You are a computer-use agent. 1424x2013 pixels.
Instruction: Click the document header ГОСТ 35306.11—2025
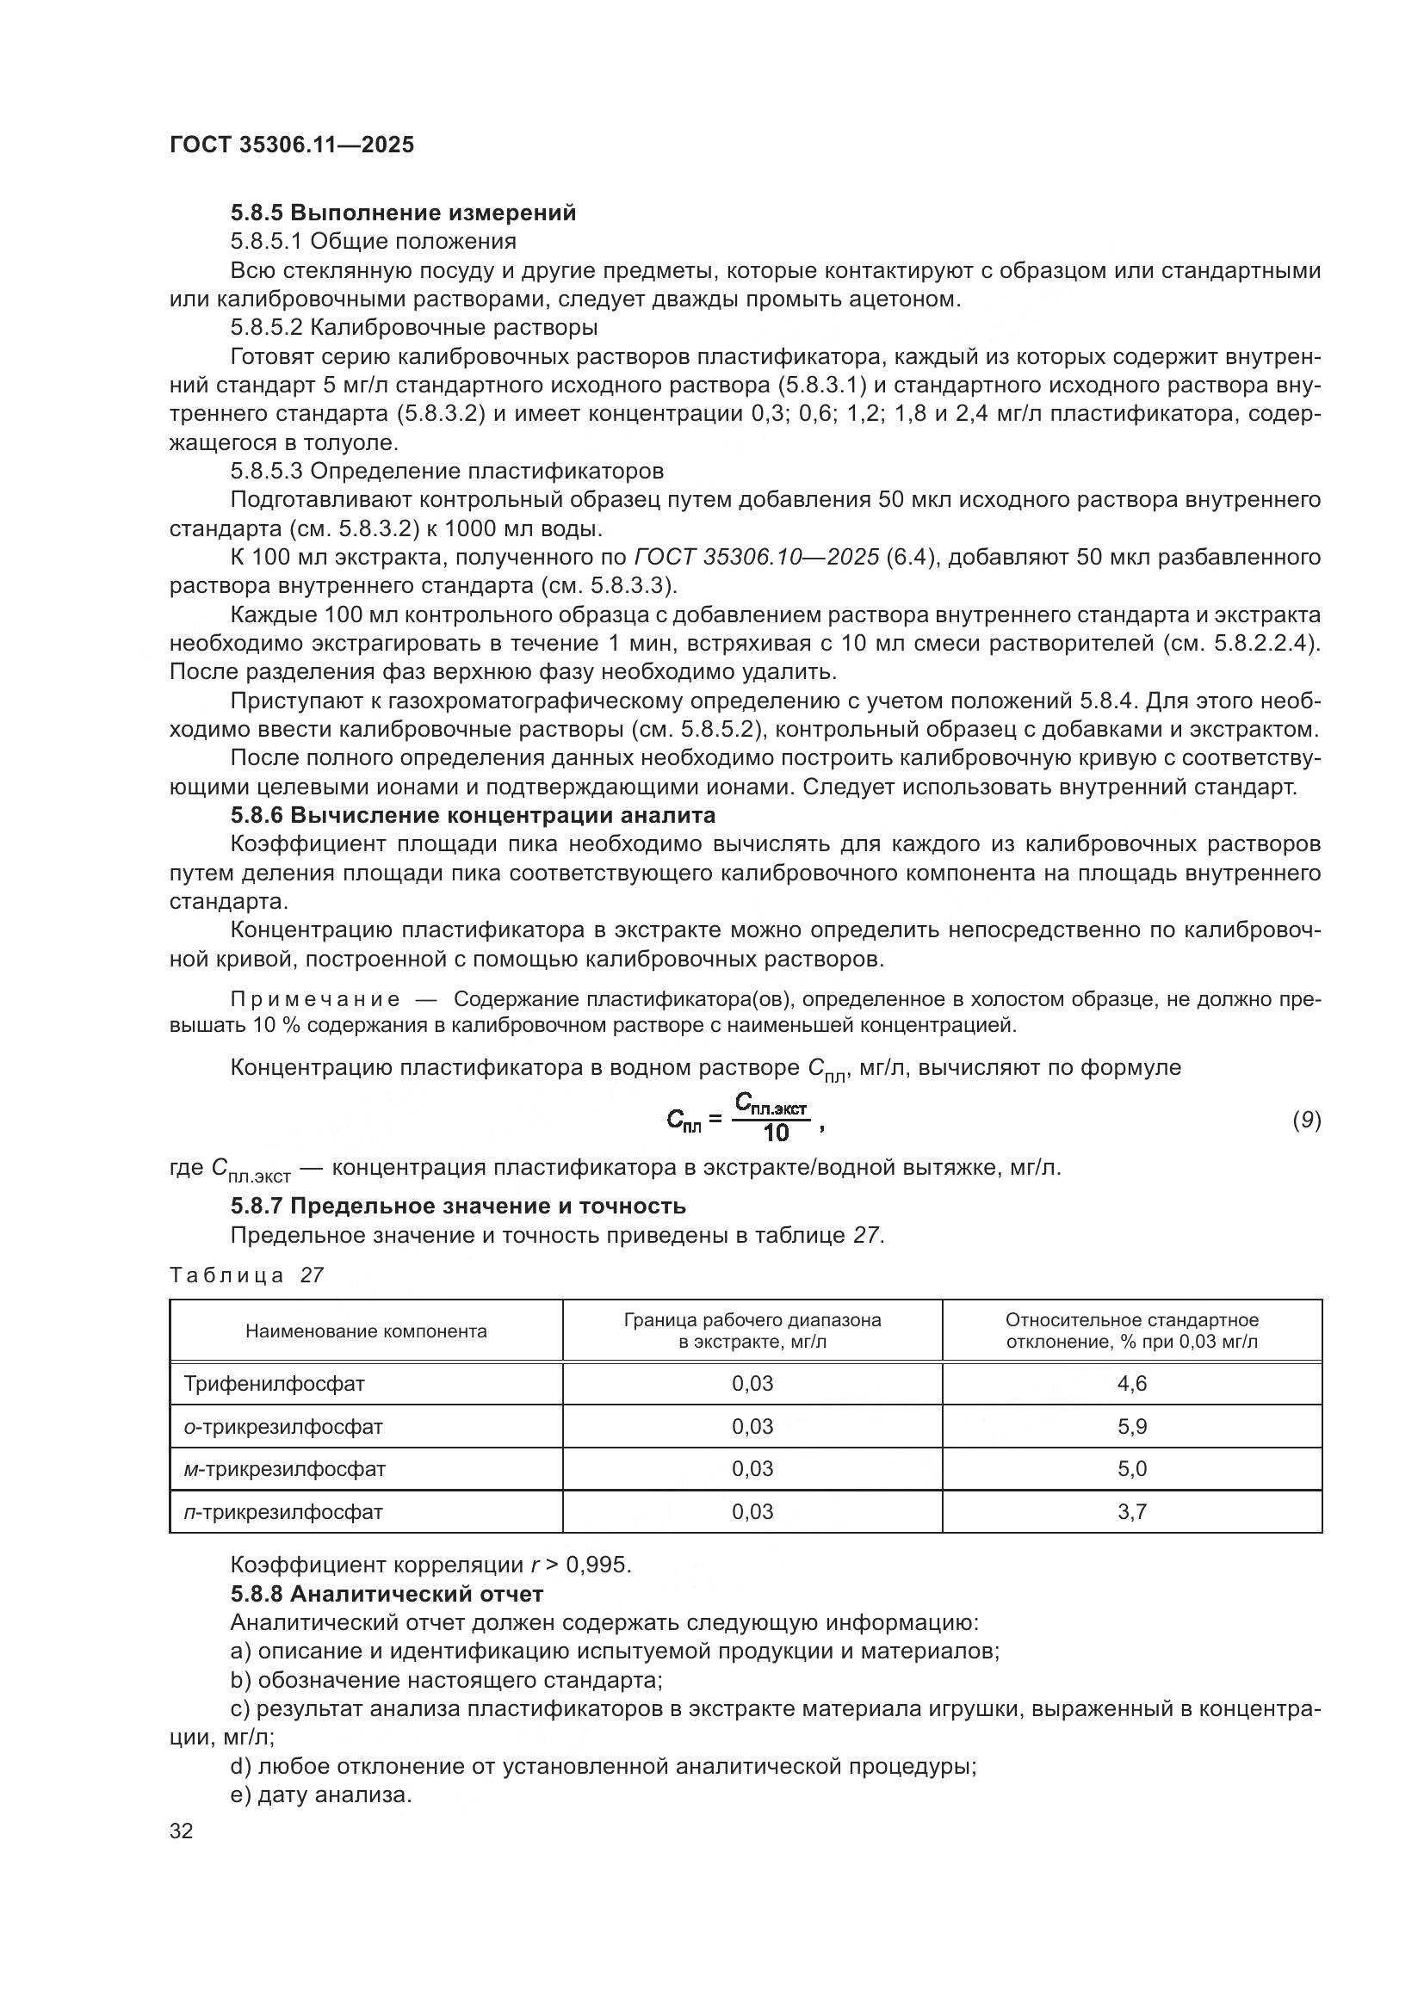pyautogui.click(x=291, y=145)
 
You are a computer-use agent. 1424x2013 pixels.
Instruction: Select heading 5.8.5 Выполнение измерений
pyautogui.click(x=403, y=213)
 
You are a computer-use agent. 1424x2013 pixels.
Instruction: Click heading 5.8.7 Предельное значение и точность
pyautogui.click(x=458, y=1206)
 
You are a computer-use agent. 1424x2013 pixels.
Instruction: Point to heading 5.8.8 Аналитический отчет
pyautogui.click(x=387, y=1593)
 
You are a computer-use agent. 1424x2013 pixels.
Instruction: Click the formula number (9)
pyautogui.click(x=1307, y=1120)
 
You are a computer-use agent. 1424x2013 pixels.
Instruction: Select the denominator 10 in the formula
pyautogui.click(x=776, y=1133)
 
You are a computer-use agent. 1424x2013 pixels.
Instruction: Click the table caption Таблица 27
pyautogui.click(x=246, y=1275)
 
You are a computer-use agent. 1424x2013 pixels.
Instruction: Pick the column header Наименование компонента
pyautogui.click(x=366, y=1331)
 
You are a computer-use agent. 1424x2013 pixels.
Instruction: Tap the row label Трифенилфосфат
pyautogui.click(x=274, y=1384)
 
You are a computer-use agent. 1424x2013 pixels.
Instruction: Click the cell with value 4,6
pyautogui.click(x=1132, y=1384)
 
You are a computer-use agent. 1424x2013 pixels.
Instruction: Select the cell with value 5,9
pyautogui.click(x=1132, y=1426)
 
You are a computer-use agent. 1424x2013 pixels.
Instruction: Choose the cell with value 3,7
pyautogui.click(x=1132, y=1511)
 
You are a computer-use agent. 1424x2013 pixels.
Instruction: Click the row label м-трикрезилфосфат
pyautogui.click(x=285, y=1468)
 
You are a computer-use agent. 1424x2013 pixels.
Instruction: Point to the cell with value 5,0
pyautogui.click(x=1132, y=1468)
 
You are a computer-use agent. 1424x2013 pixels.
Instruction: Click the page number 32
pyautogui.click(x=182, y=1831)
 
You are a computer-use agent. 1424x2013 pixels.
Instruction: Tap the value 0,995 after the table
pyautogui.click(x=599, y=1565)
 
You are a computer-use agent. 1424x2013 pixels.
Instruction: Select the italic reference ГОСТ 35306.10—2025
pyautogui.click(x=756, y=558)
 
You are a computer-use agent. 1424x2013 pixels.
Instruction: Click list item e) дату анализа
pyautogui.click(x=321, y=1794)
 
